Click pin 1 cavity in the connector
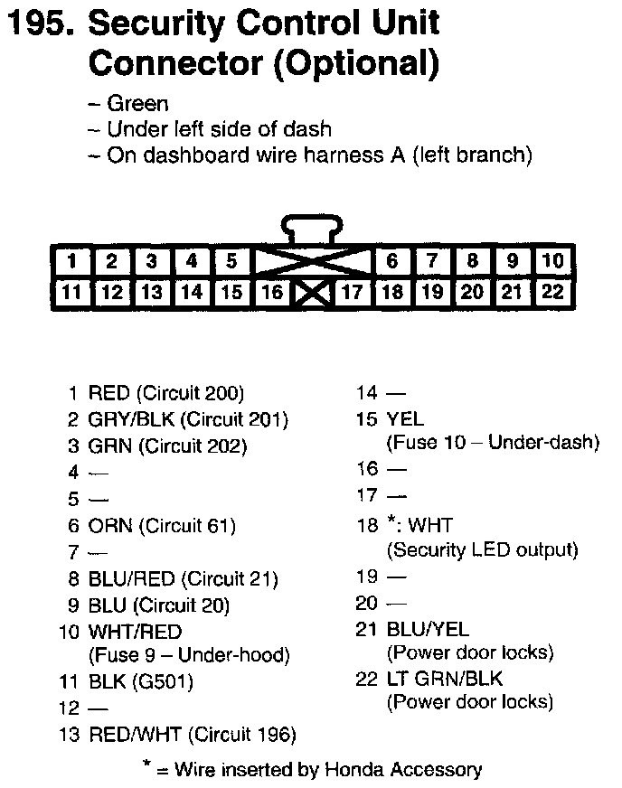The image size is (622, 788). [71, 262]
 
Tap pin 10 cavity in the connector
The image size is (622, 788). [551, 262]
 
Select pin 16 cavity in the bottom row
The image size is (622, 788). [272, 293]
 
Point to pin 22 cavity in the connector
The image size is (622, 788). [551, 293]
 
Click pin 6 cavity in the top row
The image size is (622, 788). [391, 262]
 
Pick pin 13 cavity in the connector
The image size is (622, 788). [151, 293]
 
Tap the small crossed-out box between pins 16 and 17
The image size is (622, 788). [312, 293]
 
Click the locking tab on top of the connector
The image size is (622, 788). [311, 227]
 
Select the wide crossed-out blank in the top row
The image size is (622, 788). [312, 262]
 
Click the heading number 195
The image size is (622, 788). [38, 24]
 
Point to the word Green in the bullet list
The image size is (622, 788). [137, 104]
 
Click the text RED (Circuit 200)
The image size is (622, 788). [165, 393]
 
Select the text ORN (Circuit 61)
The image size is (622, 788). [162, 525]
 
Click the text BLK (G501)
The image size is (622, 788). [140, 681]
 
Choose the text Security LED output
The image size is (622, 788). [482, 549]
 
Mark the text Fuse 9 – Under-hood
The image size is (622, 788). [188, 655]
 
